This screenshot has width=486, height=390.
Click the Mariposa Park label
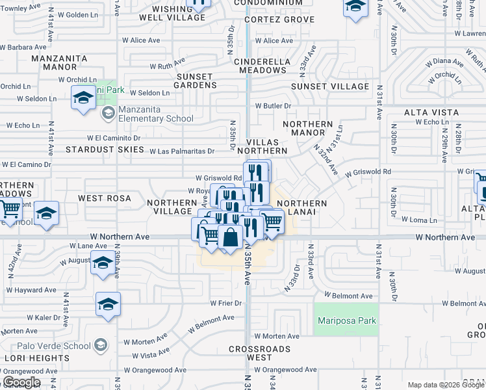click(346, 321)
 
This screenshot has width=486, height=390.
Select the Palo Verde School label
click(55, 346)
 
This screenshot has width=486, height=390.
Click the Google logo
click(21, 382)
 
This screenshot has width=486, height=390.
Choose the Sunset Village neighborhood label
click(330, 86)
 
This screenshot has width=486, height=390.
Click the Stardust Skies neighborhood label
click(105, 149)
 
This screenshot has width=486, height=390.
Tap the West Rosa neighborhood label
click(105, 198)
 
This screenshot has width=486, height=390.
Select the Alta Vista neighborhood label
click(431, 112)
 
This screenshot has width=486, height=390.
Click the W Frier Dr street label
click(226, 303)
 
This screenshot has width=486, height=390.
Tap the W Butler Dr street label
click(273, 105)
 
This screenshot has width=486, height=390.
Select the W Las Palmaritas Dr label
click(182, 151)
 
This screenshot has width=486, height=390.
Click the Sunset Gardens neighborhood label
click(194, 81)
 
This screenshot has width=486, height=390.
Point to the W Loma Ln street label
click(419, 220)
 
